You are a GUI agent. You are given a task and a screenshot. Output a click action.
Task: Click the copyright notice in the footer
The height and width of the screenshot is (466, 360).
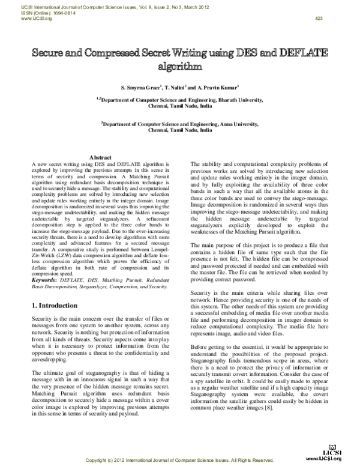click(x=180, y=460)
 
